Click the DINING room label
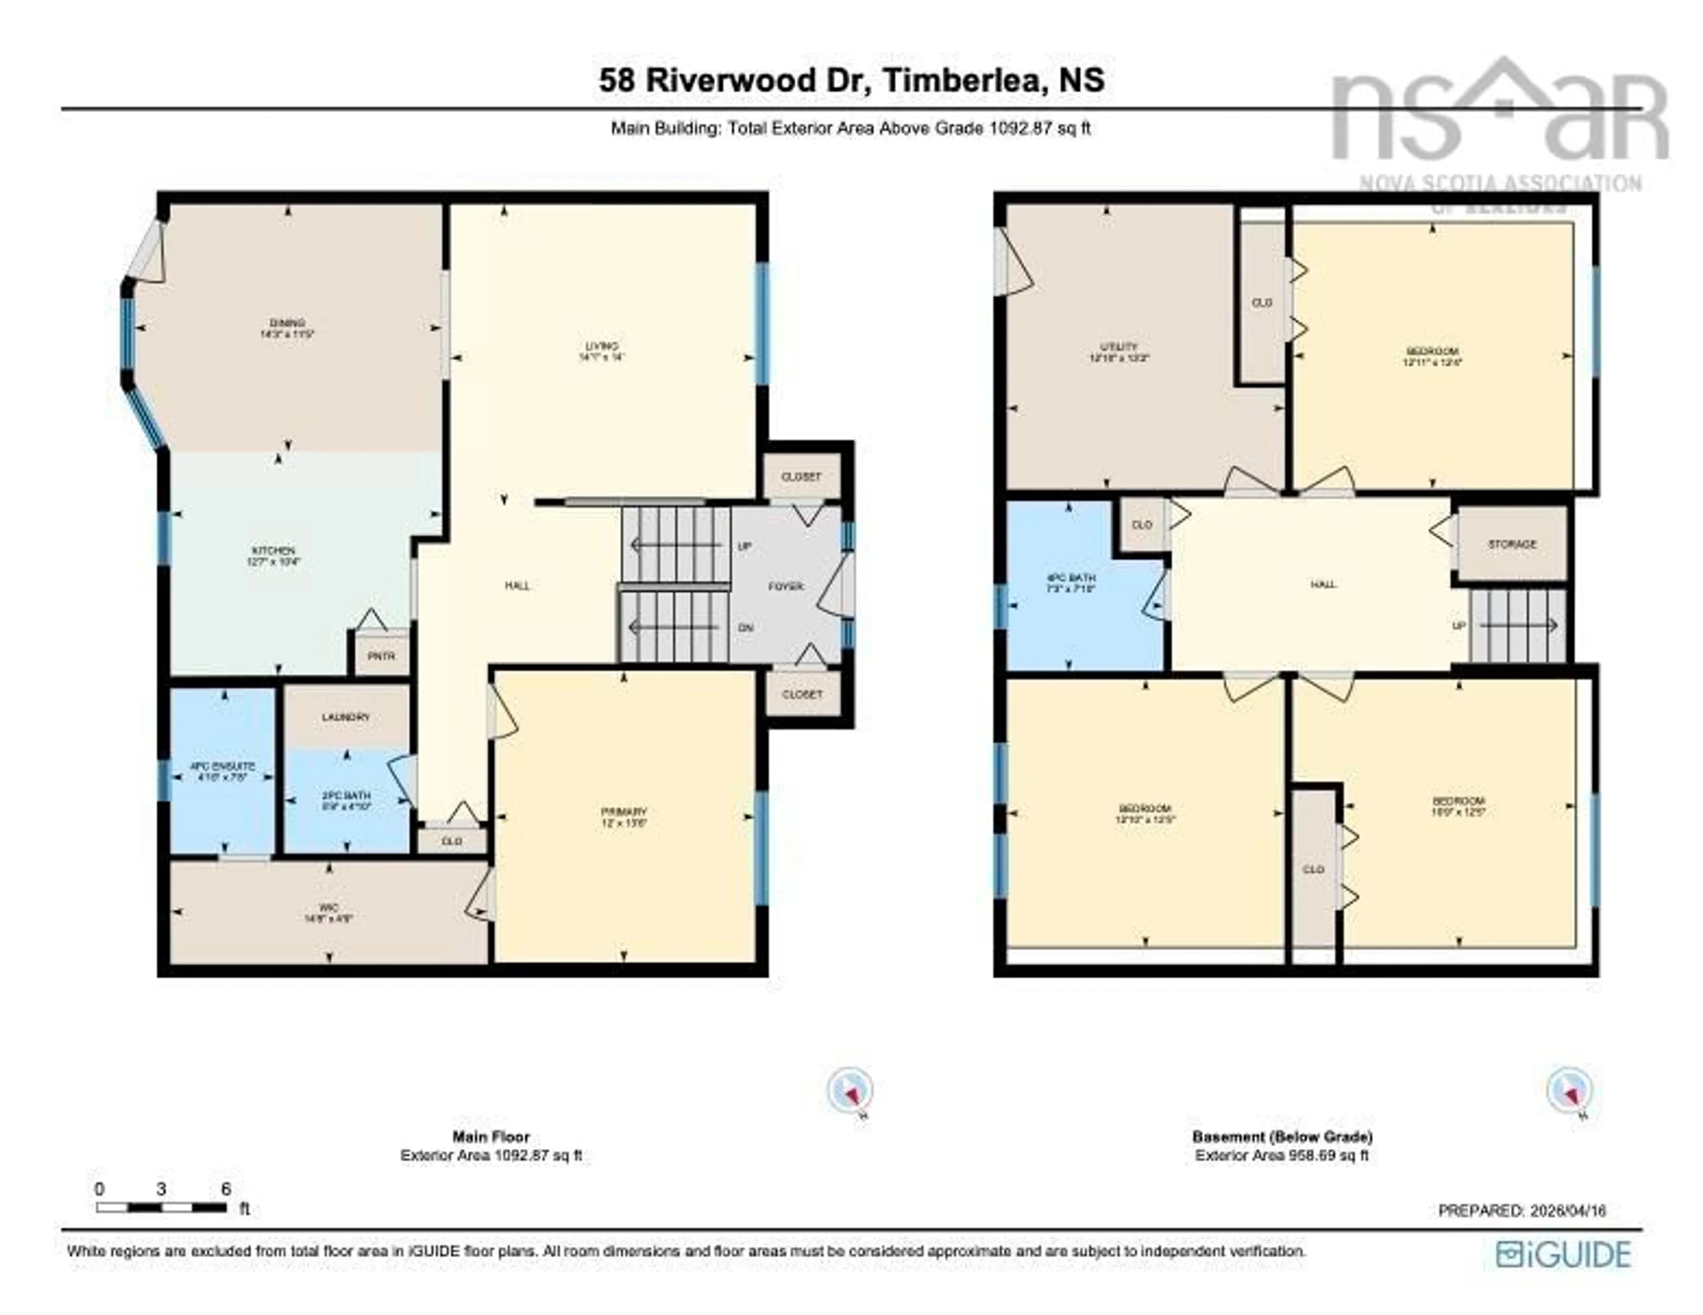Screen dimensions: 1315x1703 click(x=287, y=323)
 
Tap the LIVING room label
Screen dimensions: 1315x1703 click(x=602, y=346)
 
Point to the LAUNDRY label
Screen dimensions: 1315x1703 click(x=345, y=717)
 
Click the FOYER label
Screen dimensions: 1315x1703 click(x=785, y=586)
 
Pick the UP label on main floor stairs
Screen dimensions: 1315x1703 click(x=745, y=546)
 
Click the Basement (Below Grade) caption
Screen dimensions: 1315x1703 click(x=1282, y=1136)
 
